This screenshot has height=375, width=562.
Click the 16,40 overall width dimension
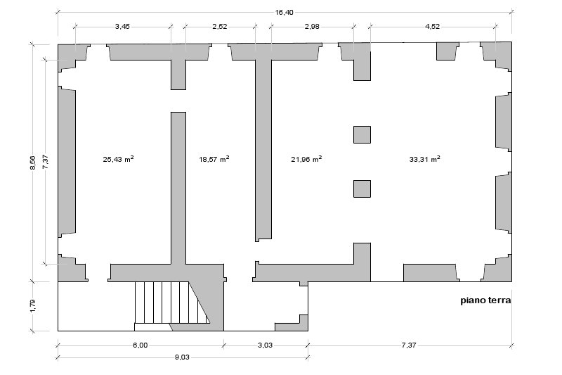(285, 13)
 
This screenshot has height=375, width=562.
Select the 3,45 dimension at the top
(122, 27)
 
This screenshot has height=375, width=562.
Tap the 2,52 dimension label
(220, 27)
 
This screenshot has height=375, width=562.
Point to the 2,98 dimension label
(312, 27)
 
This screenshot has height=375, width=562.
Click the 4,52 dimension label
(432, 27)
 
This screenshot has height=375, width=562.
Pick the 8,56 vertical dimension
(32, 163)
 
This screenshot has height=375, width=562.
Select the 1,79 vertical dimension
(32, 306)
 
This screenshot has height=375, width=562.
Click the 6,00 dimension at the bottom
(140, 345)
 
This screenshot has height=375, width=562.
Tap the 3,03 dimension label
(265, 345)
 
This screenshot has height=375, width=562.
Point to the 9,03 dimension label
(182, 357)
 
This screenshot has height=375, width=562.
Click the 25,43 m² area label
(118, 159)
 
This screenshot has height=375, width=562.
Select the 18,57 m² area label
(214, 159)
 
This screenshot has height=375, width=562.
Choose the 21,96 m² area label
(306, 159)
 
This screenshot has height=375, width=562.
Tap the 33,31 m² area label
(425, 159)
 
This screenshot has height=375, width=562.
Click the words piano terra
(485, 300)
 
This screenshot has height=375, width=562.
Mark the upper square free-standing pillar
(362, 134)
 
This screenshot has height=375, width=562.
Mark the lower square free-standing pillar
(362, 189)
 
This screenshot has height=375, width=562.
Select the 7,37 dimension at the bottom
(409, 345)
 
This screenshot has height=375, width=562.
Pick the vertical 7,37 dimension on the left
(46, 162)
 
